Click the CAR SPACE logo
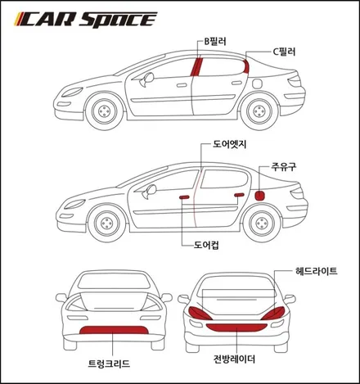tap(86, 20)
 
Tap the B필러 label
tap(215, 42)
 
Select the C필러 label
tap(284, 52)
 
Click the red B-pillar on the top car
tap(196, 67)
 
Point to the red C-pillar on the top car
tap(246, 66)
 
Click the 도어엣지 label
tap(229, 144)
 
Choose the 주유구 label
tap(284, 166)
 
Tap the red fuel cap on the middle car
tap(259, 196)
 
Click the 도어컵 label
tap(206, 245)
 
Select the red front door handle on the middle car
tap(184, 197)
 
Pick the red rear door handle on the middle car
tap(239, 195)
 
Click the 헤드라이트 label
tap(317, 271)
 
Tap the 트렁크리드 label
tap(109, 364)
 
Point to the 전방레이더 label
tap(234, 359)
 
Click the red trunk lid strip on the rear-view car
tap(114, 330)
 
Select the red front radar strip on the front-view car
tap(236, 328)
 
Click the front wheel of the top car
tap(105, 111)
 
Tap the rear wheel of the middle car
tap(262, 224)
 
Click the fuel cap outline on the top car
tap(257, 84)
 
